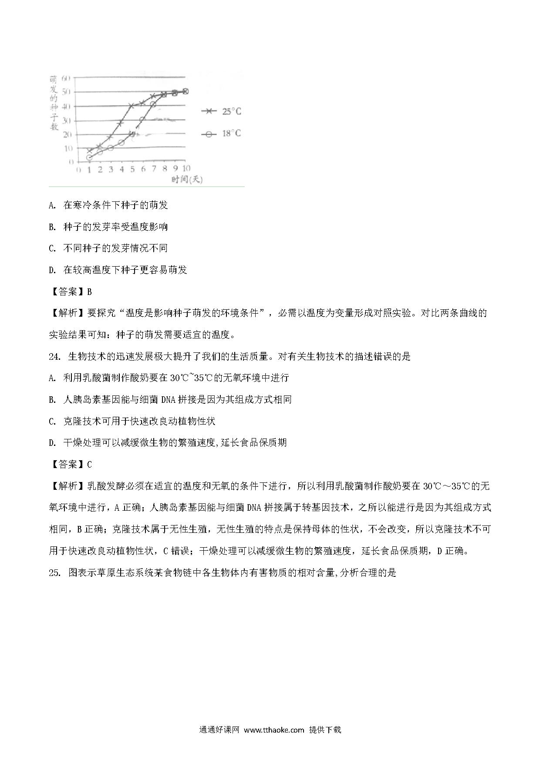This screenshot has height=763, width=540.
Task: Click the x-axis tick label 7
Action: [154, 169]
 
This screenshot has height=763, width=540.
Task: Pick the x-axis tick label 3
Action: [111, 169]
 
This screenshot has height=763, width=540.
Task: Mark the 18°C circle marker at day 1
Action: [89, 157]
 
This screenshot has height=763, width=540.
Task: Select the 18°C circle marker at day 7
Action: [153, 104]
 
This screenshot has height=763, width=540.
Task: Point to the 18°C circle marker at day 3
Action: [111, 148]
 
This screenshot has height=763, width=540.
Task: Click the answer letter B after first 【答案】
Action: [89, 291]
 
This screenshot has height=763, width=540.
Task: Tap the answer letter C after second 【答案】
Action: [89, 465]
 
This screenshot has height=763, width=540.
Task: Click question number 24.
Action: [54, 356]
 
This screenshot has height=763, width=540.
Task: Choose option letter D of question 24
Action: [52, 443]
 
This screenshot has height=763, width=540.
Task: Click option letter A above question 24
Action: [52, 205]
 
